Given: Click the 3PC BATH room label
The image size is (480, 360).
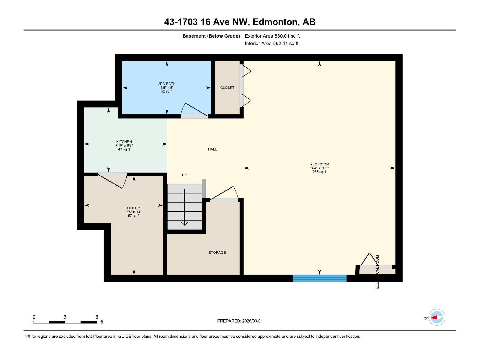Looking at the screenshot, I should pos(167,84).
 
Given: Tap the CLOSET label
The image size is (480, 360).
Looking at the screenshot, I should pos(227,88).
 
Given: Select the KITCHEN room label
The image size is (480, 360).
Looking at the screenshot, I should pos(124,142).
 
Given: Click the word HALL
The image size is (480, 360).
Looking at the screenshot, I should pos(212,149).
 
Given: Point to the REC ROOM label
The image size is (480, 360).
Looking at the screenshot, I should pos(319,164).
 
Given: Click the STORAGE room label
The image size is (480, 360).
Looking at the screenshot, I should pos(217,253).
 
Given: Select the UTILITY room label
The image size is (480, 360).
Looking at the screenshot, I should pos(133,208).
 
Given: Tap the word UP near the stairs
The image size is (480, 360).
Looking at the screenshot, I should pos(184,175).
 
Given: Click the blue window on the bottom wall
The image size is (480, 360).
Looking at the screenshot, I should pos(319,278).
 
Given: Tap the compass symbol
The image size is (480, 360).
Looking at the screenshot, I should pos(437,317).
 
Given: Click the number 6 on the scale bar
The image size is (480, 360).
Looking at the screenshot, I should pos(97,317).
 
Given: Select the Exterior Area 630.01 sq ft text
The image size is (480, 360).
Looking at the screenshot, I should pos(272,36).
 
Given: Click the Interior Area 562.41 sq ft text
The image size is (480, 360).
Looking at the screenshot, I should pos(271,43).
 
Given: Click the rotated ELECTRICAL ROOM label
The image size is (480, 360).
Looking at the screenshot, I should pos(377,271).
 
